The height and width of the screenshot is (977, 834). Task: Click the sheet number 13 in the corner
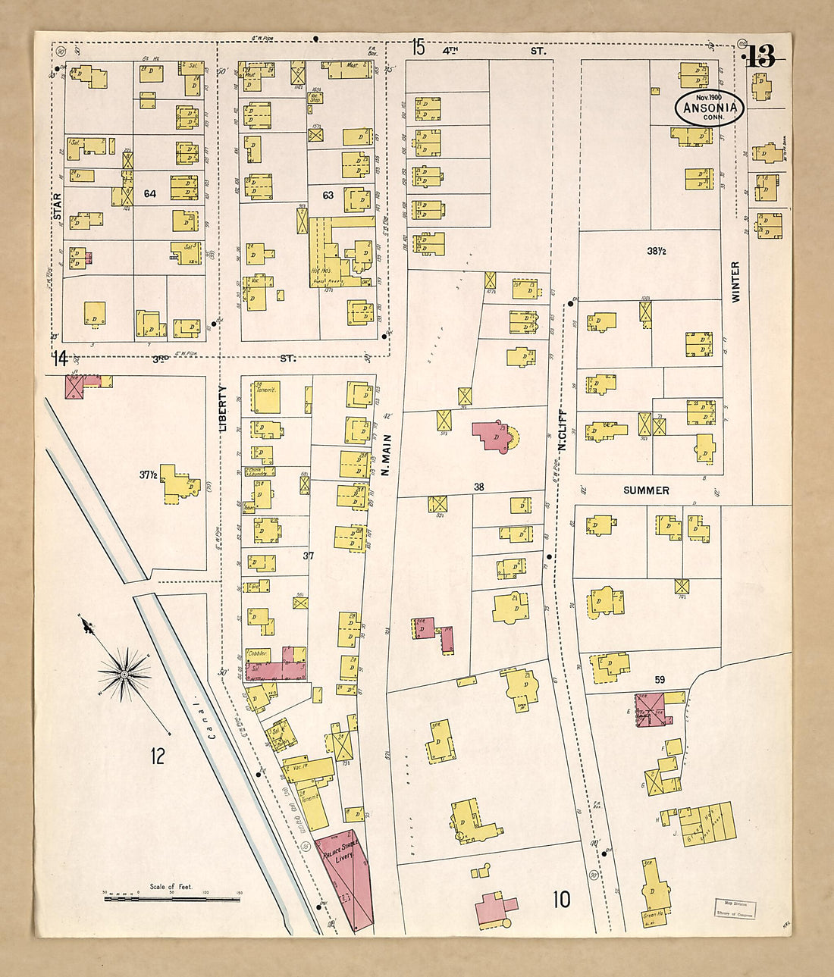tap(760, 57)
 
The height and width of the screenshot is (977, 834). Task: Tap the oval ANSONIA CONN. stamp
tap(710, 108)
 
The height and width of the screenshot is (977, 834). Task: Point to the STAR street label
tap(57, 207)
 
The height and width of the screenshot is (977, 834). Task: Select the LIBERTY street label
tap(223, 409)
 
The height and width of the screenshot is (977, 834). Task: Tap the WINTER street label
tap(735, 282)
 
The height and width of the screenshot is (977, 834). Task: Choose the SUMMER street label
tap(646, 490)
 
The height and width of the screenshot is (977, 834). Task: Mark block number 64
tap(150, 194)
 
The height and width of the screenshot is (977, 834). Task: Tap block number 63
tap(328, 196)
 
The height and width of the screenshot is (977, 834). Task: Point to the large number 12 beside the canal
tap(157, 756)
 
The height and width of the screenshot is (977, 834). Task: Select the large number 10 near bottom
tap(561, 900)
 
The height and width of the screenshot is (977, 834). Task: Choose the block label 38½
tap(657, 250)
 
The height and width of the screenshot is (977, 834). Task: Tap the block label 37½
tap(148, 475)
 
